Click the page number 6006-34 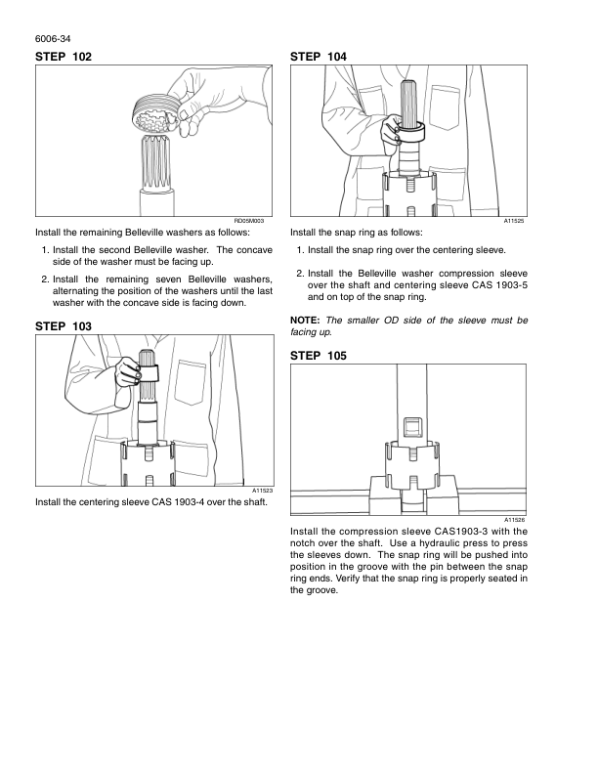53,39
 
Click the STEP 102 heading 64,57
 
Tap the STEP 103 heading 64,326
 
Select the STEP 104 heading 319,57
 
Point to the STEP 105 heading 319,356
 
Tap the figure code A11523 263,491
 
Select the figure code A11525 514,221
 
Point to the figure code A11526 514,520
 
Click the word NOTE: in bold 305,321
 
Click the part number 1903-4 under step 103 189,502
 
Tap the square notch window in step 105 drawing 412,427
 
